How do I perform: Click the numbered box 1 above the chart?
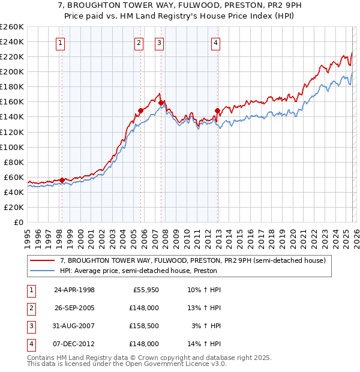point(62,43)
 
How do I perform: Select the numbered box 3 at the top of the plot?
point(159,43)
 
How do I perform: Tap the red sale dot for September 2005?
point(140,110)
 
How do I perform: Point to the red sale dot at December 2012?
point(217,110)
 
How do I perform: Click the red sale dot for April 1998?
point(62,180)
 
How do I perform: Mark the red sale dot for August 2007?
point(161,103)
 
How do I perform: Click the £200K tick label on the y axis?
point(11,71)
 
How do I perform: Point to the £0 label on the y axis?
point(18,222)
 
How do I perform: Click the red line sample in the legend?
point(43,260)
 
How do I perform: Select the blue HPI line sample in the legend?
point(43,271)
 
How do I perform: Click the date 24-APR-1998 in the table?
point(74,290)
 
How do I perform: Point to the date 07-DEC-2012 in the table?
point(74,344)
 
